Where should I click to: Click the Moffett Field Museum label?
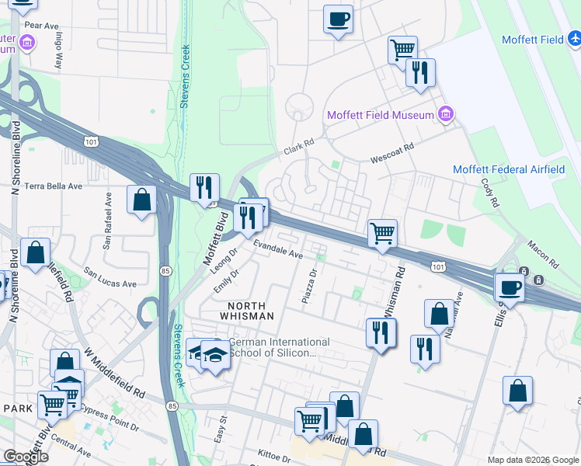380,115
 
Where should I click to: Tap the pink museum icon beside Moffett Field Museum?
446,115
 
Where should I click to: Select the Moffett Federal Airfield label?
509,169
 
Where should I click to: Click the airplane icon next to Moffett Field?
574,37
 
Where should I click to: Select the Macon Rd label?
543,255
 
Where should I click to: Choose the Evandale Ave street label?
277,249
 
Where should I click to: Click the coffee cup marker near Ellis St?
510,287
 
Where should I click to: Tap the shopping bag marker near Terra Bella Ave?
142,200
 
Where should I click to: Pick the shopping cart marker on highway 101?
382,232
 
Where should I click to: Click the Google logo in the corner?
26,457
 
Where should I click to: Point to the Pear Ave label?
41,26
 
